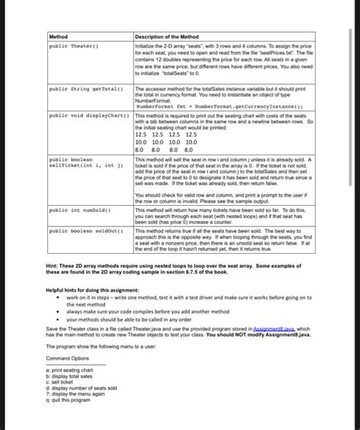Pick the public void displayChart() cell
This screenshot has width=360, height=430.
tap(84, 116)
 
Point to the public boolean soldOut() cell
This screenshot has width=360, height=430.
tap(84, 229)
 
